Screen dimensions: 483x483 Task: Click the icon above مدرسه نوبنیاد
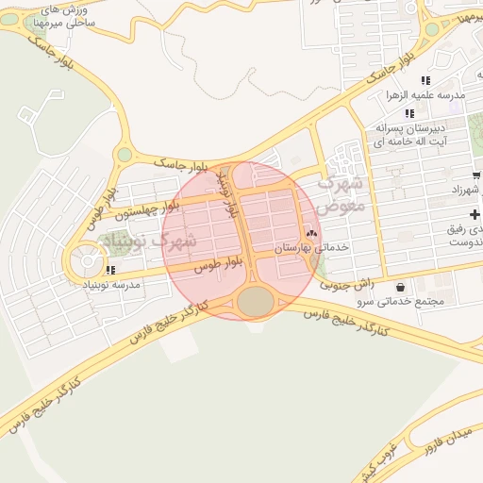pos(111,271)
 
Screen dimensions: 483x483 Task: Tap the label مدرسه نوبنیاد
pos(112,284)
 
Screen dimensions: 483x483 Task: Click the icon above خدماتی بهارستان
pos(311,233)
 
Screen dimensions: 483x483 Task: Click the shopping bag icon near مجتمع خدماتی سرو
pos(401,287)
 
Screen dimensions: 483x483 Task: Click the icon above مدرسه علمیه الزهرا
pos(425,81)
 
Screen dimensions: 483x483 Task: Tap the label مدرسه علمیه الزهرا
pos(423,95)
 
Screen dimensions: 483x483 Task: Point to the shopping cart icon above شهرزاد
pos(476,175)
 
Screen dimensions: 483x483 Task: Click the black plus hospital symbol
pos(475,216)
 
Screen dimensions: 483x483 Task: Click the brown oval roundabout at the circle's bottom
pos(255,302)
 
